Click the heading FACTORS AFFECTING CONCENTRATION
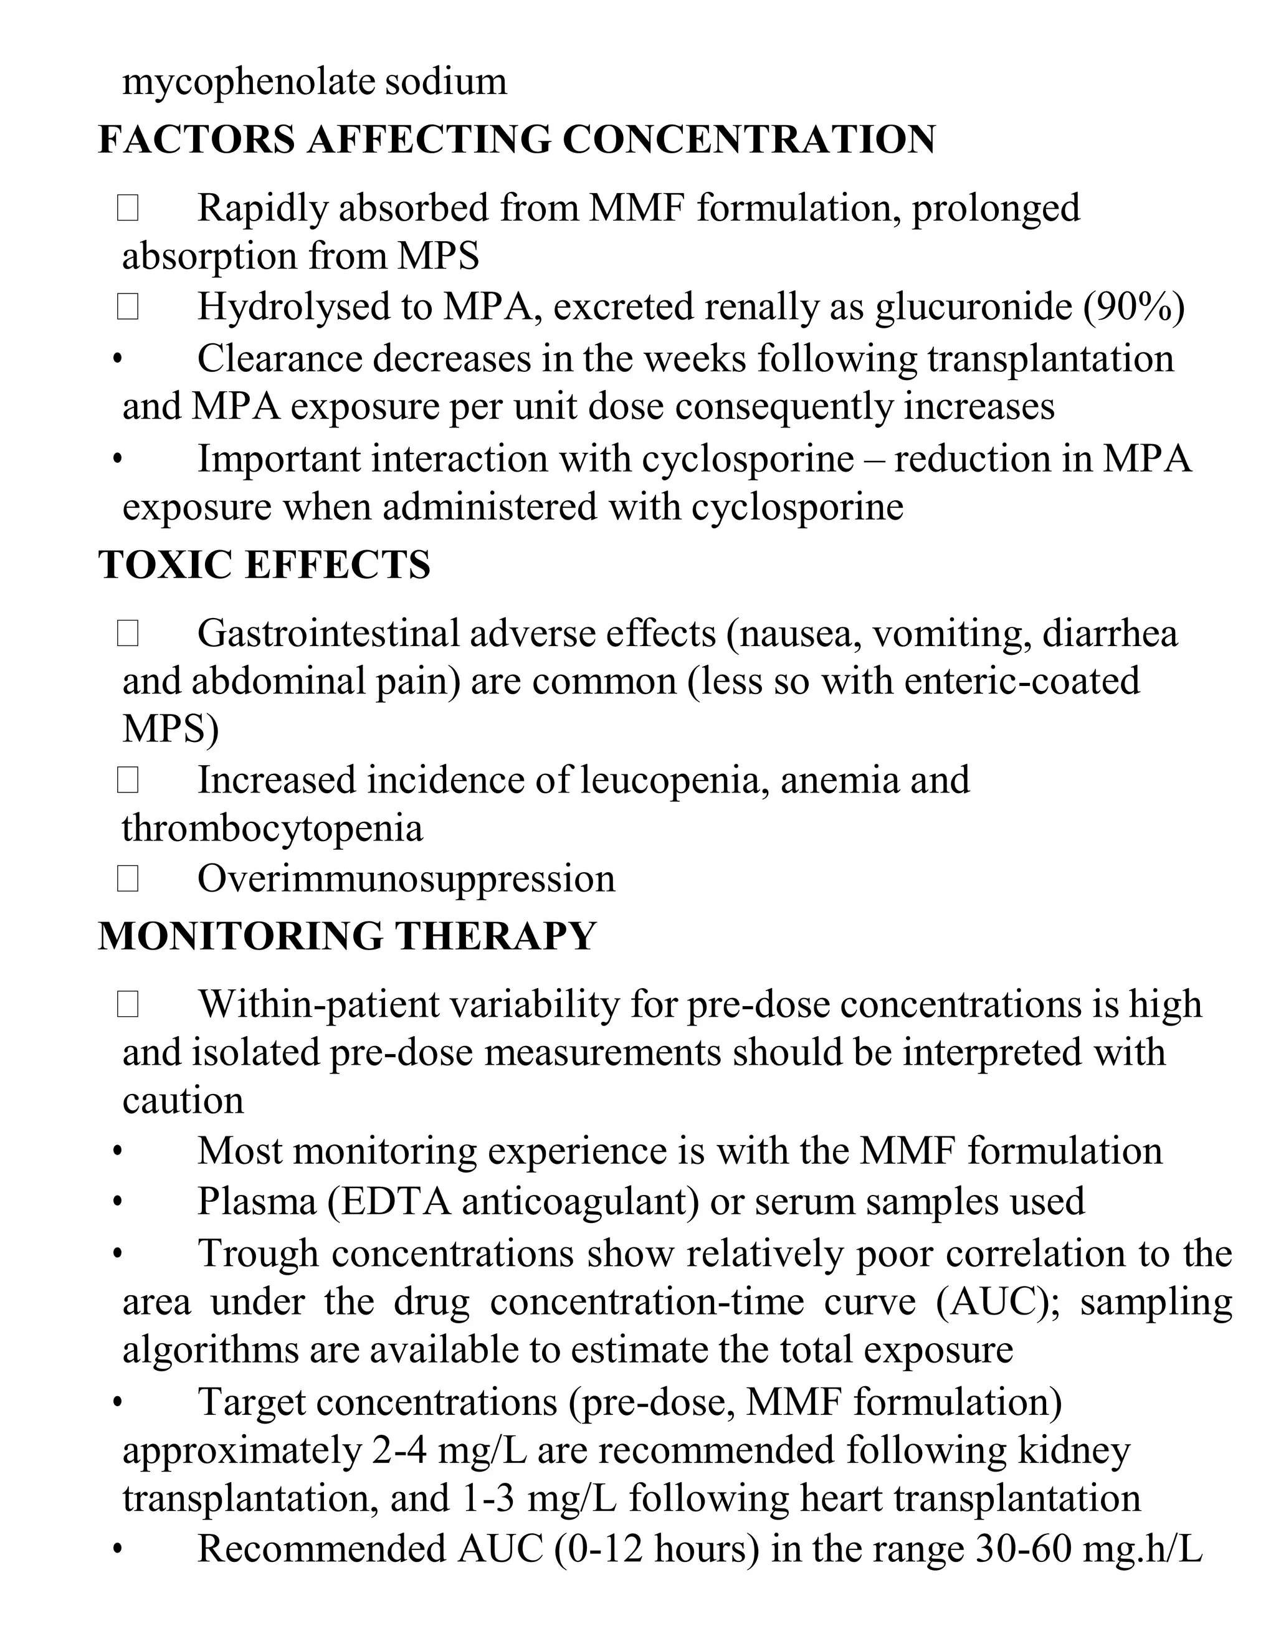pyautogui.click(x=517, y=140)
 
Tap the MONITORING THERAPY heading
pyautogui.click(x=347, y=936)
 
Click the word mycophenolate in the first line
pyautogui.click(x=248, y=81)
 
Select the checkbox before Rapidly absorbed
pyautogui.click(x=128, y=208)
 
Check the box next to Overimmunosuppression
pyautogui.click(x=128, y=878)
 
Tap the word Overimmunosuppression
pyautogui.click(x=406, y=878)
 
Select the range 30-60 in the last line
pyautogui.click(x=1024, y=1549)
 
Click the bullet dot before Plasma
pyautogui.click(x=117, y=1202)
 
